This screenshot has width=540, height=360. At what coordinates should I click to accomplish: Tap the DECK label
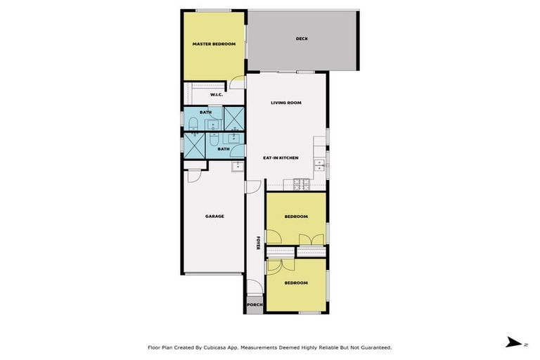(302, 39)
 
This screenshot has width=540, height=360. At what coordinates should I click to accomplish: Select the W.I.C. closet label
(217, 94)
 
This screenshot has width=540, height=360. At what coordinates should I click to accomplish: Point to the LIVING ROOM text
(286, 103)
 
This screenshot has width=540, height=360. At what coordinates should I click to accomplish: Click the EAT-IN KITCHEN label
(281, 157)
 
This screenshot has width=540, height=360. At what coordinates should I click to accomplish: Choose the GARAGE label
(214, 216)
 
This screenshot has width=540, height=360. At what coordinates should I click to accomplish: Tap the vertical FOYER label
(258, 243)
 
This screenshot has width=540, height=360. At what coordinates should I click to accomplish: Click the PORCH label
(254, 305)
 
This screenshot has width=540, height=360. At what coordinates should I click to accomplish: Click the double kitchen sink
(320, 165)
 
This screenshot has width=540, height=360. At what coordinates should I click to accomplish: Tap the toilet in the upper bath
(192, 125)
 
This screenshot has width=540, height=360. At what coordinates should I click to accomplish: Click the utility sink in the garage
(238, 167)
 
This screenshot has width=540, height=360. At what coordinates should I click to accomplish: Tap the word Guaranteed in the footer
(371, 347)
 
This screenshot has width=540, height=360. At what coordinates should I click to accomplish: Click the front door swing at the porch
(253, 288)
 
